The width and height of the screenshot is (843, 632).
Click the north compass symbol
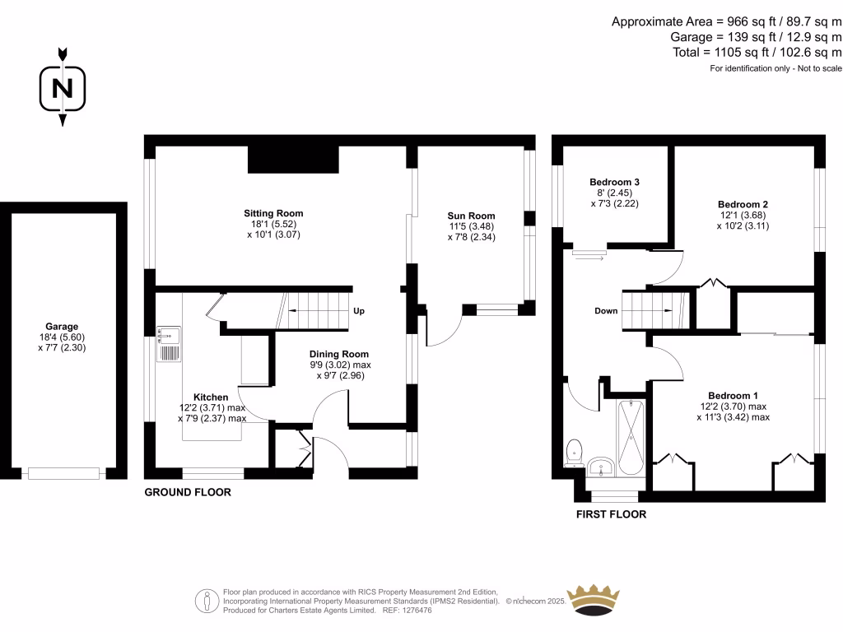pyautogui.click(x=62, y=87)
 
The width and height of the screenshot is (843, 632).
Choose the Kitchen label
pyautogui.click(x=211, y=397)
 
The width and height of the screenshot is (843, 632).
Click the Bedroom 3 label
pyautogui.click(x=614, y=182)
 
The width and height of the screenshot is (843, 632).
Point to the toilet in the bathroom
pyautogui.click(x=575, y=450)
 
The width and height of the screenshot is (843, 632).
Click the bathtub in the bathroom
pyautogui.click(x=631, y=437)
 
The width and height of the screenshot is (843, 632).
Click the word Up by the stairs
pyautogui.click(x=359, y=312)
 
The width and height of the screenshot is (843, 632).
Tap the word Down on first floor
pyautogui.click(x=606, y=311)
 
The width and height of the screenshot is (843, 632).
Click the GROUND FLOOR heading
pyautogui.click(x=188, y=493)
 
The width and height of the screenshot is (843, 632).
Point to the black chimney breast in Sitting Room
pyautogui.click(x=293, y=160)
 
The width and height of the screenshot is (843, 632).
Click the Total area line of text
pyautogui.click(x=757, y=52)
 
